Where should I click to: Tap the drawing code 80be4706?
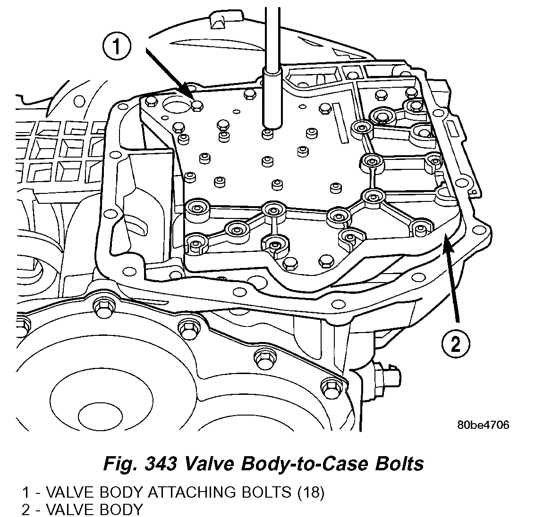click(483, 425)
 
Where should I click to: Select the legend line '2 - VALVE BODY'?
click(82, 509)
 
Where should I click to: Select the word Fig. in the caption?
click(117, 463)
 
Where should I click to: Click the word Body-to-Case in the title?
click(303, 463)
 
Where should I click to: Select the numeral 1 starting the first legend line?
click(25, 492)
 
